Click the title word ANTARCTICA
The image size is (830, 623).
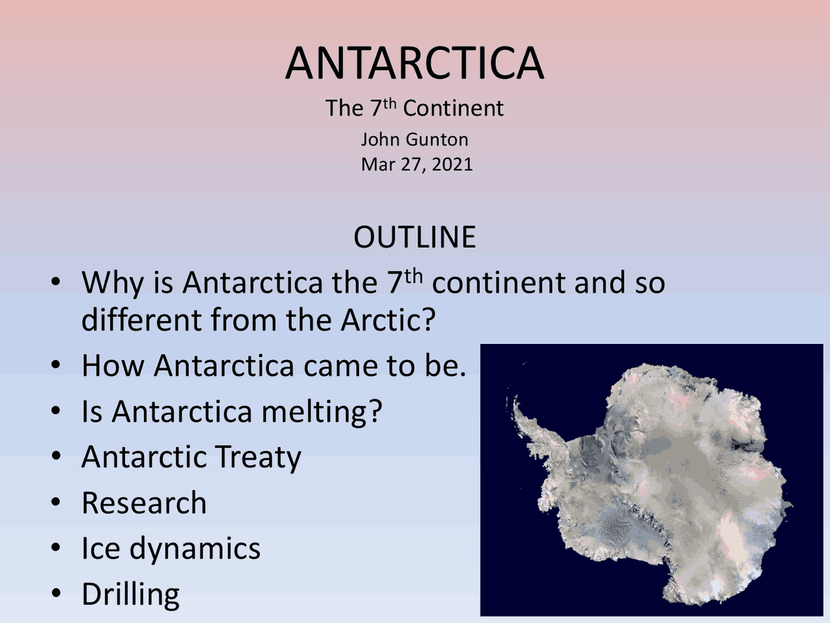click(414, 63)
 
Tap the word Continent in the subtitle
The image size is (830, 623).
click(453, 108)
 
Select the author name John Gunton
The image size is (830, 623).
click(414, 139)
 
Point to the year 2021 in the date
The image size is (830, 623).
click(452, 164)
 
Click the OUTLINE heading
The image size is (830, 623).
click(414, 237)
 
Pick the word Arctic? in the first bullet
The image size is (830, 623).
click(388, 320)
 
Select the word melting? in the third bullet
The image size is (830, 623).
click(322, 412)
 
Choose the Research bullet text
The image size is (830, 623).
click(144, 503)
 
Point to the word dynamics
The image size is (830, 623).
click(195, 548)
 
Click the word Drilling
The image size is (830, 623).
click(130, 594)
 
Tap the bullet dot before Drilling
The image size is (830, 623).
click(56, 592)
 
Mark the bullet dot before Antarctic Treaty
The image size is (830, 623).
click(56, 456)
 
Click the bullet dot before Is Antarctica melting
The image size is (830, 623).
click(56, 410)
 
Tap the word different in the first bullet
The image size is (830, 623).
click(141, 320)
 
